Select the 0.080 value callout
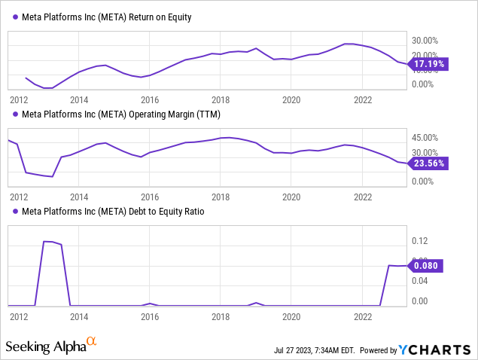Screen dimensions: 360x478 point(427,265)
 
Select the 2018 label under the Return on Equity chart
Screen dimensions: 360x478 point(221,99)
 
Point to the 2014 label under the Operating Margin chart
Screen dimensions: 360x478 point(79,197)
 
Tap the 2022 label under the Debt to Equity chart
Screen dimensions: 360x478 point(363,318)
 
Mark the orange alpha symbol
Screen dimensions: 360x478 point(92,343)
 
